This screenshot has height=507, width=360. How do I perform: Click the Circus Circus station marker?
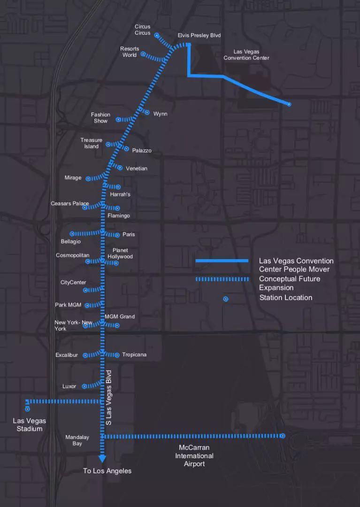pyautogui.click(x=157, y=35)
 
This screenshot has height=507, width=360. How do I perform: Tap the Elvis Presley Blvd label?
pyautogui.click(x=199, y=36)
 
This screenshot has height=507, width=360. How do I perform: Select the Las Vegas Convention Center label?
pyautogui.click(x=246, y=55)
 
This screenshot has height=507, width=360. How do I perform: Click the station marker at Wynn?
pyautogui.click(x=147, y=112)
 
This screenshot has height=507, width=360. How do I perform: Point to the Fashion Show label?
pyautogui.click(x=100, y=118)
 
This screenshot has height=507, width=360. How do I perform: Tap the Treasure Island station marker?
pyautogui.click(x=108, y=144)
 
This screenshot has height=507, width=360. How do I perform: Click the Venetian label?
pyautogui.click(x=136, y=169)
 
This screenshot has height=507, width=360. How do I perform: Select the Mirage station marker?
pyautogui.click(x=88, y=179)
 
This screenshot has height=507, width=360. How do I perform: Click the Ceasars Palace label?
pyautogui.click(x=70, y=204)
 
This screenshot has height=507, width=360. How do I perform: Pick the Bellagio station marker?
pyautogui.click(x=72, y=233)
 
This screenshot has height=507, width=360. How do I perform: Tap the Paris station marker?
pyautogui.click(x=117, y=235)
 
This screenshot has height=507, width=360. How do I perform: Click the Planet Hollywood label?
pyautogui.click(x=120, y=253)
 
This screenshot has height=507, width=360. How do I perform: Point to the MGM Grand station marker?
pyautogui.click(x=117, y=325)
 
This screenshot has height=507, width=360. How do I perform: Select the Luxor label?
pyautogui.click(x=69, y=386)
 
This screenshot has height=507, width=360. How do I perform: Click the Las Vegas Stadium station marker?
pyautogui.click(x=28, y=409)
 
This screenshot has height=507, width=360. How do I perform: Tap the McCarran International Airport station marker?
pyautogui.click(x=283, y=436)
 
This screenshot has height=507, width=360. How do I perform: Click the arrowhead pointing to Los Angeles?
pyautogui.click(x=102, y=459)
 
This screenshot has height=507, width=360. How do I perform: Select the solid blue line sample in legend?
pyautogui.click(x=222, y=261)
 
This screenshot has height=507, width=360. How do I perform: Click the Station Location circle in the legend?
pyautogui.click(x=226, y=299)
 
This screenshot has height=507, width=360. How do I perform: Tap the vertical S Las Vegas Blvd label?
pyautogui.click(x=109, y=398)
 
